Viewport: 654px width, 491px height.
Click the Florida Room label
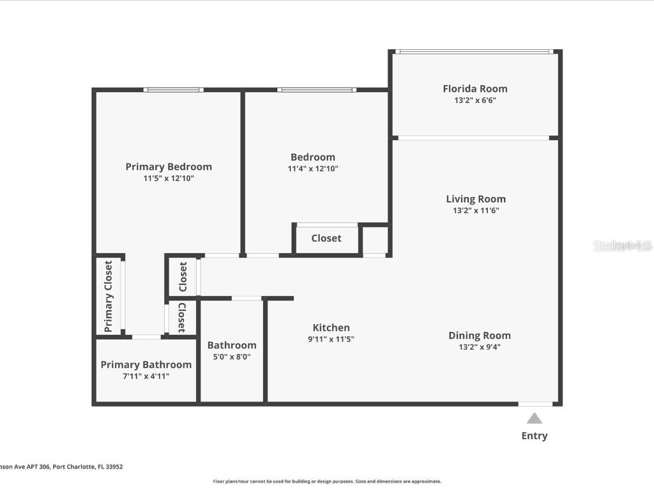tap(475, 89)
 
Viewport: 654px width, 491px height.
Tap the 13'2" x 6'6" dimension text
tap(475, 100)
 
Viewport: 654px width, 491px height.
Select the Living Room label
tap(475, 199)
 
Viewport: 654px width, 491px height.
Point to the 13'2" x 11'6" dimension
tap(475, 210)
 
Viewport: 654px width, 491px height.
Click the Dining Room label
tap(479, 335)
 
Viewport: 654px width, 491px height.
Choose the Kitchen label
tap(331, 327)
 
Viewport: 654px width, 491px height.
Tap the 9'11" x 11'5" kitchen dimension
tap(331, 339)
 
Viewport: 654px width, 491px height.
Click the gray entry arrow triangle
tap(535, 418)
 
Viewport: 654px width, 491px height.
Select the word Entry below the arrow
tap(535, 436)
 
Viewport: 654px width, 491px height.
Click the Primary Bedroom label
tap(169, 167)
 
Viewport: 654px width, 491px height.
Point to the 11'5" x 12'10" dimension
tap(169, 178)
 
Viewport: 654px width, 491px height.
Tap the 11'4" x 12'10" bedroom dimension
tap(313, 169)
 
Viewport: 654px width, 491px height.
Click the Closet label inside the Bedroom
tap(326, 238)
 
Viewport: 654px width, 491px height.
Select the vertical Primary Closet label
tap(109, 296)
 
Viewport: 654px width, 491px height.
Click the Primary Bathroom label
tap(146, 364)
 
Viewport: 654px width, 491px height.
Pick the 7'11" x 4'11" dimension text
tap(146, 376)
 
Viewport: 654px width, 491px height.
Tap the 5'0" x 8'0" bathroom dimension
tap(232, 357)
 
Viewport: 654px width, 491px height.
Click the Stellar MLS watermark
tap(622, 245)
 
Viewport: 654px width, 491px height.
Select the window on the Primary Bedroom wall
tap(173, 90)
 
